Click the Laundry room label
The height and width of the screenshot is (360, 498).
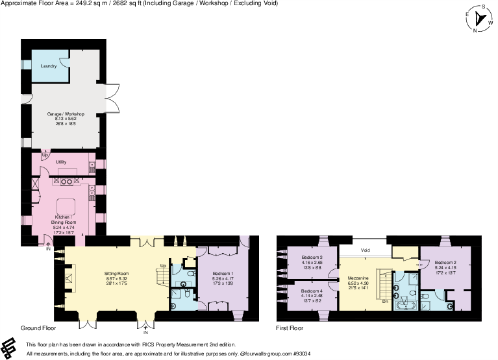[x=46, y=66]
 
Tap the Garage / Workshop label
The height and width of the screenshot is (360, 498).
[x=66, y=114]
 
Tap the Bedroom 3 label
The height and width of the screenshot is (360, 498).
[x=312, y=258]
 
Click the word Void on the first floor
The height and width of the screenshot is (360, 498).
[x=365, y=249]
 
